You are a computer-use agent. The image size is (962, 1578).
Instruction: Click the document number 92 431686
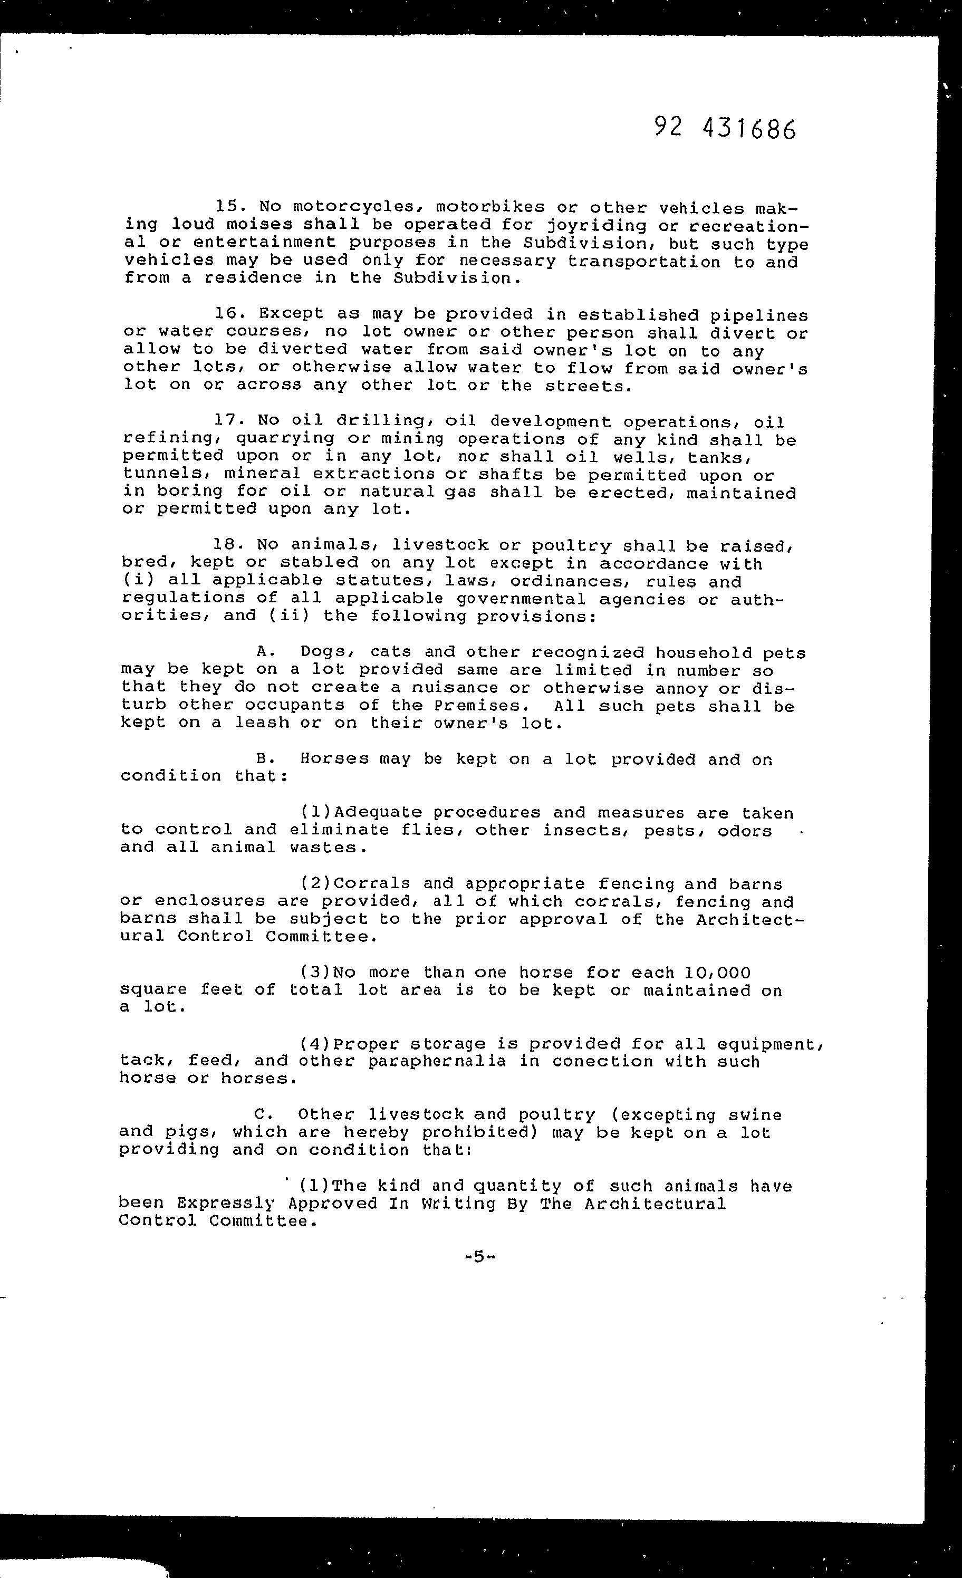pos(725,129)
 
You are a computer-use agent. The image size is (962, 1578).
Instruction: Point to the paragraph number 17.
pos(227,420)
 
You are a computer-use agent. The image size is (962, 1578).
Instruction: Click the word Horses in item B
pos(334,759)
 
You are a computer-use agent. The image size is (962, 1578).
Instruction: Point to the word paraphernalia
pos(437,1061)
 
